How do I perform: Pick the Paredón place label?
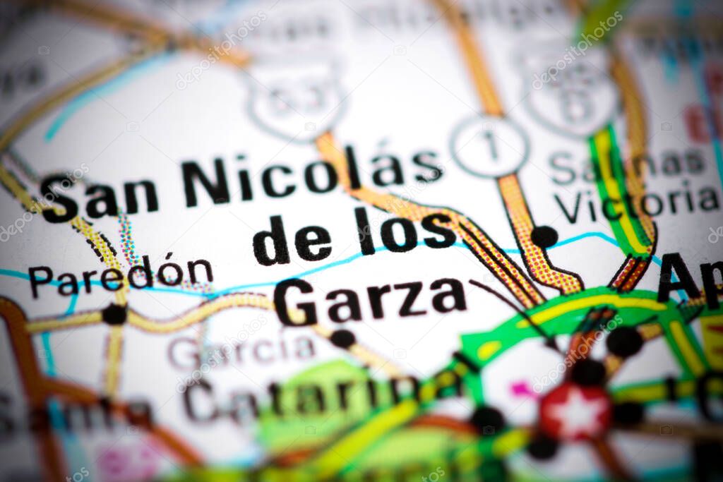(x=120, y=275)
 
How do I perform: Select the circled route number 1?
(x=489, y=146)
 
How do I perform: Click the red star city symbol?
(x=575, y=412)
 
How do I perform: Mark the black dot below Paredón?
(x=114, y=314)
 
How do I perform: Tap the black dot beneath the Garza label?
(x=342, y=339)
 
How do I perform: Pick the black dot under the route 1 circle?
(x=544, y=236)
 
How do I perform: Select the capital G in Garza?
(x=294, y=302)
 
